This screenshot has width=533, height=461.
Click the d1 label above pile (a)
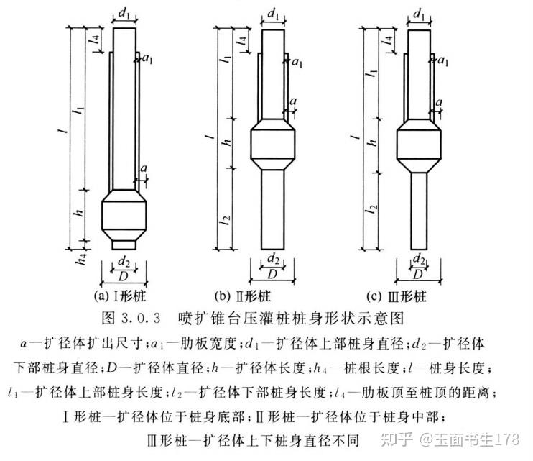pyautogui.click(x=124, y=14)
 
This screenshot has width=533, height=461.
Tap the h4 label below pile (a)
pyautogui.click(x=82, y=259)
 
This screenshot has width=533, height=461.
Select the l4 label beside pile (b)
pyautogui.click(x=242, y=41)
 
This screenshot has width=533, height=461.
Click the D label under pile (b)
pyautogui.click(x=272, y=274)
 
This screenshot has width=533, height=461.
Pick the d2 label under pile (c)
pyautogui.click(x=419, y=260)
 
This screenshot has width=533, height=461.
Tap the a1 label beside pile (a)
pyautogui.click(x=147, y=59)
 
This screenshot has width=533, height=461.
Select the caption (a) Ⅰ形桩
pyautogui.click(x=120, y=296)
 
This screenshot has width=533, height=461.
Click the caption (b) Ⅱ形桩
pyautogui.click(x=242, y=296)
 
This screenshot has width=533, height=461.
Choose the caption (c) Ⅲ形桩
pyautogui.click(x=397, y=297)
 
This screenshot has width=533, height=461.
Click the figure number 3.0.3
pyautogui.click(x=140, y=319)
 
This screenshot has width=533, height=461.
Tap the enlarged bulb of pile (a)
pyautogui.click(x=124, y=214)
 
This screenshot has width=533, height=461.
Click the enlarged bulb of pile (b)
pyautogui.click(x=273, y=145)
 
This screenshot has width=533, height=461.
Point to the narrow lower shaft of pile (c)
pyautogui.click(x=419, y=211)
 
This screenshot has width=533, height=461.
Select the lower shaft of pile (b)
pyautogui.click(x=273, y=209)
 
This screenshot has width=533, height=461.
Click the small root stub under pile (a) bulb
pyautogui.click(x=124, y=245)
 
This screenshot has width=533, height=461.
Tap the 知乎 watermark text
pyautogui.click(x=397, y=439)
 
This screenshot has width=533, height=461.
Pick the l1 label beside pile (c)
pyautogui.click(x=373, y=72)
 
